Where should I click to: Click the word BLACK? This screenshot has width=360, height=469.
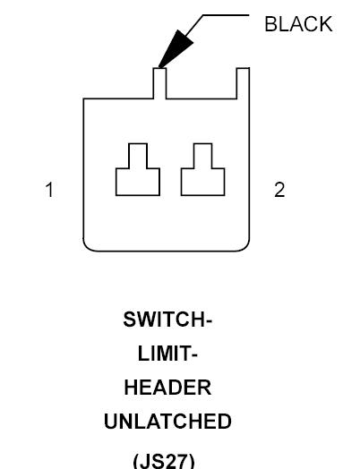(298, 24)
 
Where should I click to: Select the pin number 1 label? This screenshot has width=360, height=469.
(49, 190)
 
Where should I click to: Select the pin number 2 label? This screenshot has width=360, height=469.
(279, 190)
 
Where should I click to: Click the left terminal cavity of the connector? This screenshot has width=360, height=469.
(138, 182)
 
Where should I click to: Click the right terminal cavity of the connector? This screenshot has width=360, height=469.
(203, 182)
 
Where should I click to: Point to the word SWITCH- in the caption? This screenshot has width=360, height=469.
(167, 320)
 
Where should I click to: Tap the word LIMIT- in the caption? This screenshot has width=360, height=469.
(167, 354)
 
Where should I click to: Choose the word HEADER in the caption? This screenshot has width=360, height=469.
(167, 388)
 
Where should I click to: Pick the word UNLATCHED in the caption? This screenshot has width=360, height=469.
(167, 422)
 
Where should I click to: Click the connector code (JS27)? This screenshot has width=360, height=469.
(164, 461)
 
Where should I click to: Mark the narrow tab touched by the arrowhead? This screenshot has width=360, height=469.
(159, 83)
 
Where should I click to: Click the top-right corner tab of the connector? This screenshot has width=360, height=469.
(243, 83)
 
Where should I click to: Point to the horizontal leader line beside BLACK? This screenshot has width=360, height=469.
(226, 14)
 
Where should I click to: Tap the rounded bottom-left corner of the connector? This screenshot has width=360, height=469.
(89, 246)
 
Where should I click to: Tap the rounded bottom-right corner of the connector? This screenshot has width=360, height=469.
(244, 246)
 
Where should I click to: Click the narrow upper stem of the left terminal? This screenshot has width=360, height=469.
(138, 156)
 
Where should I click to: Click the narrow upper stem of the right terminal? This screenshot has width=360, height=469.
(203, 156)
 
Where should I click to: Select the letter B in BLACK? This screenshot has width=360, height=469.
(270, 24)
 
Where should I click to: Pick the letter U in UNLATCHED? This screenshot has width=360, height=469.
(111, 422)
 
